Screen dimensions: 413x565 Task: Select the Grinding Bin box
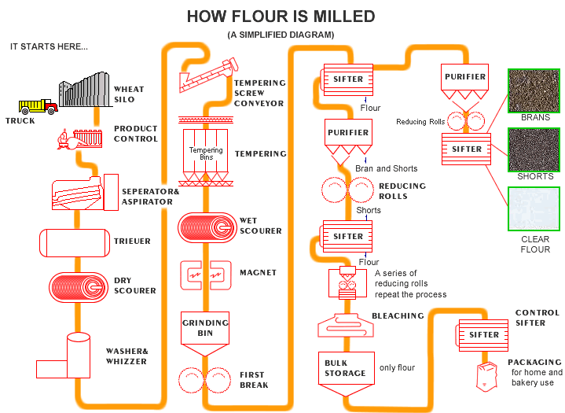[205, 327]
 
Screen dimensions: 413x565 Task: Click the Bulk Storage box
[345, 368]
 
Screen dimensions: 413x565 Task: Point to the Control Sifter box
[484, 334]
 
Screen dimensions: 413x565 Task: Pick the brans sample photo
[535, 90]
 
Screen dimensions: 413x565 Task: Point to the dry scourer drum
[79, 289]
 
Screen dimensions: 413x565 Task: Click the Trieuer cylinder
[74, 242]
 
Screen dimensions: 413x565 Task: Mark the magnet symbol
[204, 273]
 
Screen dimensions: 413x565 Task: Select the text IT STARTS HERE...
[49, 46]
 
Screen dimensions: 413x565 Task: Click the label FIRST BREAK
[253, 379]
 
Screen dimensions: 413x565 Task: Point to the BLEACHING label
[397, 316]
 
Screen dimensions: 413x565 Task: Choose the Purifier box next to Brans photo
[465, 77]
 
